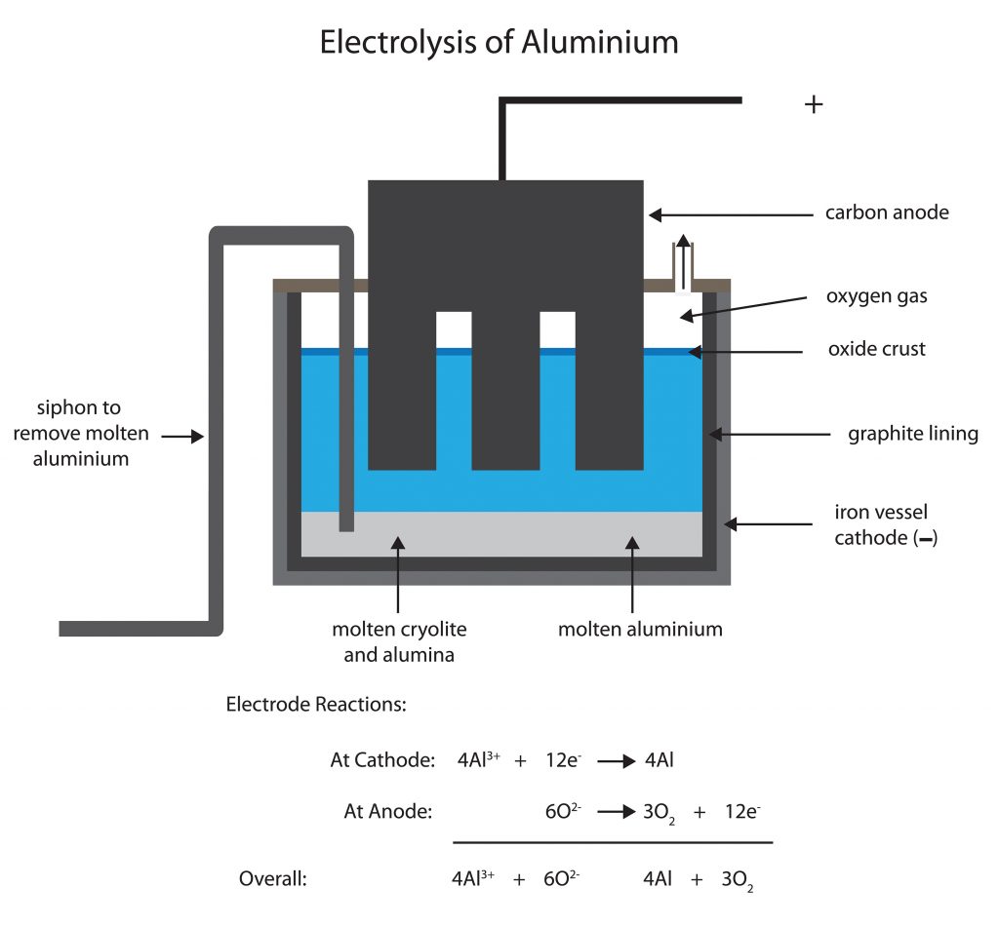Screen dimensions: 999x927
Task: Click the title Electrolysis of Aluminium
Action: point(499,43)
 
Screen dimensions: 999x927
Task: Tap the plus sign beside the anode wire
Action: point(814,103)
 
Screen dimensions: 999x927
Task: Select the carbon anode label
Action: point(887,212)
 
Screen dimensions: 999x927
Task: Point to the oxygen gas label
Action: point(877,296)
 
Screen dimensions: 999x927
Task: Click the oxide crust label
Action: point(877,349)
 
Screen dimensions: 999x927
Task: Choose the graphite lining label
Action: point(913,434)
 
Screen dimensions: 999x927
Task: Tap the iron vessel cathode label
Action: point(886,524)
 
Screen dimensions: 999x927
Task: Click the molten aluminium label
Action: point(640,629)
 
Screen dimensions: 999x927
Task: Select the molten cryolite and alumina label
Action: point(399,641)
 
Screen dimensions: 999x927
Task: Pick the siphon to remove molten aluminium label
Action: point(80,433)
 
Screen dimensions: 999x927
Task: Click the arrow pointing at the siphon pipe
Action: point(182,436)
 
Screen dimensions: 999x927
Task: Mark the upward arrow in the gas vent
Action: point(683,261)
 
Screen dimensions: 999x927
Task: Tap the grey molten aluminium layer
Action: point(501,534)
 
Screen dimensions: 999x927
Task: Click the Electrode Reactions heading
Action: point(316,704)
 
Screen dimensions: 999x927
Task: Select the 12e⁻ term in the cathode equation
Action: point(563,759)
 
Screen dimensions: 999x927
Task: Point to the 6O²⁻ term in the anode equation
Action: point(563,811)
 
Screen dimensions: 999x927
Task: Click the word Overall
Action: point(273,878)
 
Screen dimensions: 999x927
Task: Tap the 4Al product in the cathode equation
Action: point(659,759)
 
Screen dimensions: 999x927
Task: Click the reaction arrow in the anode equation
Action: point(617,812)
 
